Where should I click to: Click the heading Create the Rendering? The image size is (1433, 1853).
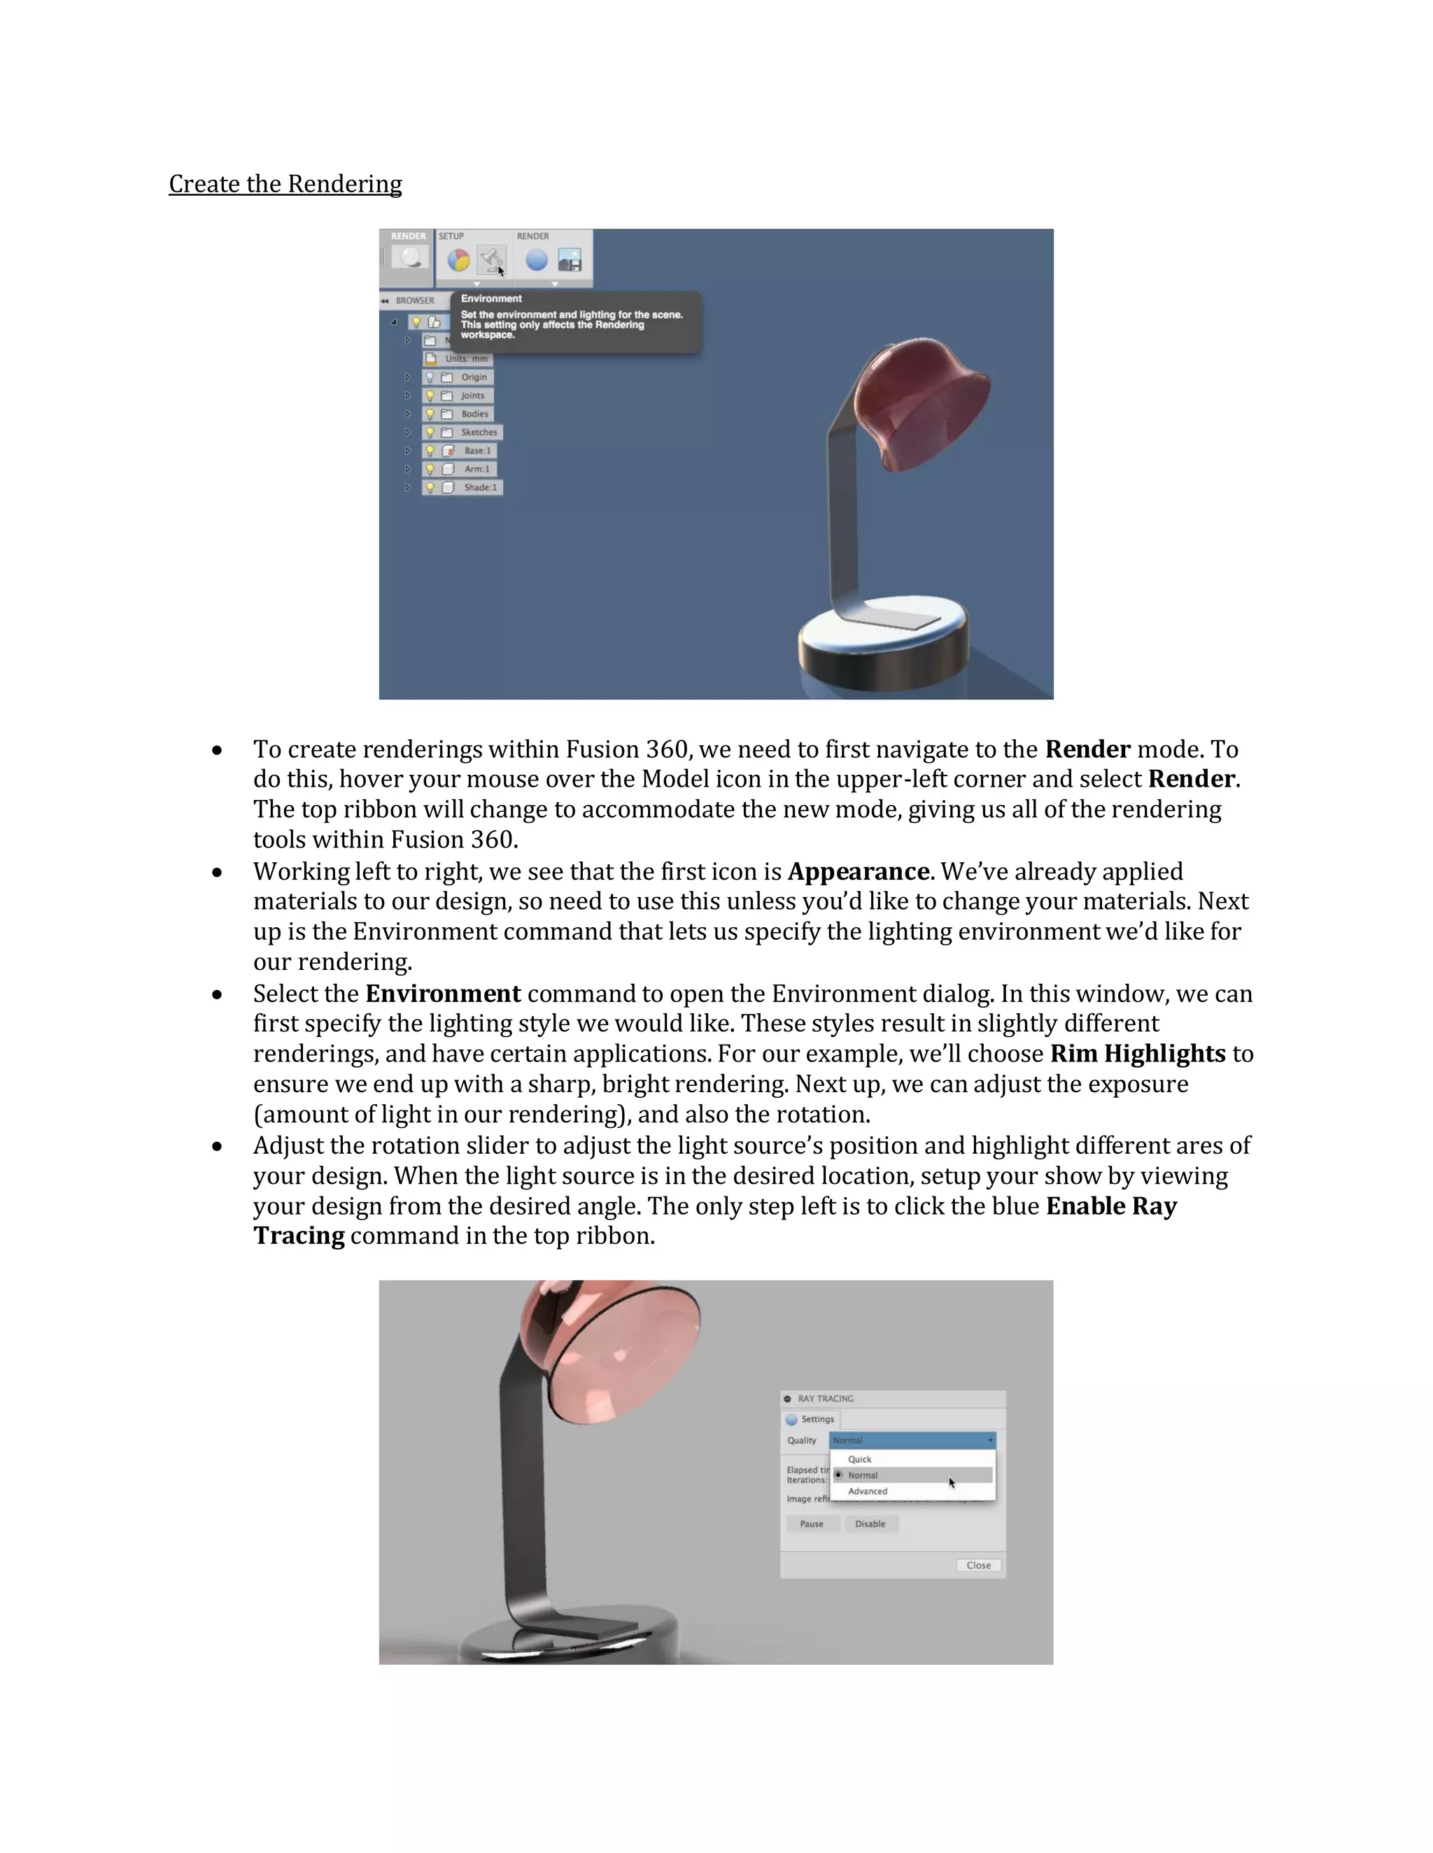point(285,184)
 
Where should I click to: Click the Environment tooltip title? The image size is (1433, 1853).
point(490,299)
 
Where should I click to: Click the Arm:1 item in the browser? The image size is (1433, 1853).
point(477,469)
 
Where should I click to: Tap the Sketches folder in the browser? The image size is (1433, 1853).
point(479,433)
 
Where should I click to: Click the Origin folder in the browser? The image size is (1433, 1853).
point(474,378)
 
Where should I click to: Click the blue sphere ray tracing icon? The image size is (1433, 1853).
point(537,261)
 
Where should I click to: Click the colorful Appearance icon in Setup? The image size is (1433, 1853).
point(458,261)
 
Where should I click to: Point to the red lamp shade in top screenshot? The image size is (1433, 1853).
point(921,403)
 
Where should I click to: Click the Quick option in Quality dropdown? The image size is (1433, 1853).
point(859,1459)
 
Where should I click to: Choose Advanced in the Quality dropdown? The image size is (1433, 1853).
point(867,1491)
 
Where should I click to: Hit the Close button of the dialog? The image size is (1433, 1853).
point(978,1566)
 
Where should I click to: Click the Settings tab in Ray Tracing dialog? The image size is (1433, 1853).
point(817,1419)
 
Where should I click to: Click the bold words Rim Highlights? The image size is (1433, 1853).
point(1138,1054)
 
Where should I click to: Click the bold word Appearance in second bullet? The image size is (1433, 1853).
point(857,871)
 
